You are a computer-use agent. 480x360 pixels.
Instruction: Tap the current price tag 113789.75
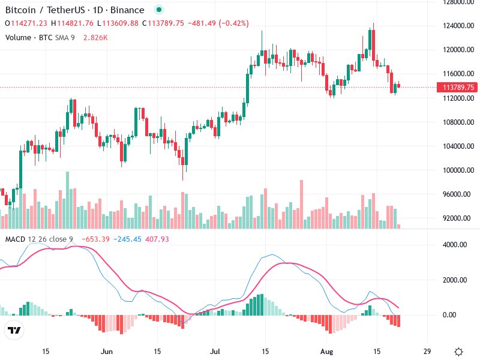pyautogui.click(x=459, y=87)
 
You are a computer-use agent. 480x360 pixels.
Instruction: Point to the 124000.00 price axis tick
pyautogui.click(x=459, y=26)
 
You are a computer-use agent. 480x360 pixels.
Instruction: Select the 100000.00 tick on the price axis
pyautogui.click(x=459, y=170)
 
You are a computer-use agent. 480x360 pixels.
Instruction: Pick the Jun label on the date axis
pyautogui.click(x=107, y=351)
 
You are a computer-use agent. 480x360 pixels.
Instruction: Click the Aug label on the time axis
pyautogui.click(x=326, y=351)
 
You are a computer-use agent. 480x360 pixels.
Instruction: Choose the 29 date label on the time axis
pyautogui.click(x=427, y=351)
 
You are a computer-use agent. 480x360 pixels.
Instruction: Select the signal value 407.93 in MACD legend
pyautogui.click(x=155, y=239)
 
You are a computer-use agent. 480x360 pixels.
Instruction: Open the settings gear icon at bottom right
pyautogui.click(x=458, y=352)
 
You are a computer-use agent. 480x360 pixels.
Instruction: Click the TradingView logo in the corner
pyautogui.click(x=14, y=330)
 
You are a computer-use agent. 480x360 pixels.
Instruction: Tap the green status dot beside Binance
pyautogui.click(x=158, y=10)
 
